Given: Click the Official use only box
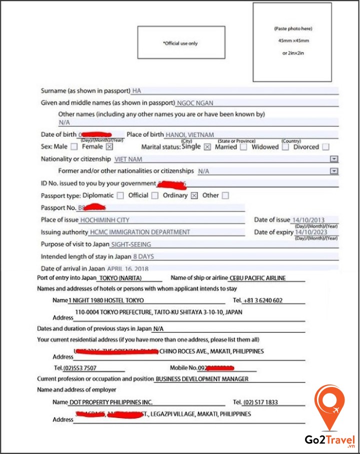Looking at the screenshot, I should tap(181, 43).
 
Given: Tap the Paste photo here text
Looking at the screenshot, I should tap(293, 29).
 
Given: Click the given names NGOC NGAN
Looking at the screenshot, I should tap(195, 103).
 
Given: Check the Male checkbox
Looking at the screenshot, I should tap(74, 147).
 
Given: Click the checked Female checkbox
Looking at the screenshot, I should tap(109, 147).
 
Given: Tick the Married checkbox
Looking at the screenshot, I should tap(243, 147).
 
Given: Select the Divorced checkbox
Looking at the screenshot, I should tap(325, 147).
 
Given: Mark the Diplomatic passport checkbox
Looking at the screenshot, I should tap(120, 195).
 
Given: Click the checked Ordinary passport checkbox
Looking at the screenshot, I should tap(194, 195).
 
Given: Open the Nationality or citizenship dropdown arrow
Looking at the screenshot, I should tap(334, 159).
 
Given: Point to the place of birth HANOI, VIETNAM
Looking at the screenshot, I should tap(189, 135).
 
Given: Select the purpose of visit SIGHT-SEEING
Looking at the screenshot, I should tap(130, 244).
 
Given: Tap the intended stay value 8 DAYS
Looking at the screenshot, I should tap(143, 256).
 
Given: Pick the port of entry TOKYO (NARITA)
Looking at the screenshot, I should tap(120, 278).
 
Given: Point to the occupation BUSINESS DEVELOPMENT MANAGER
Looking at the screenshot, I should tap(201, 379).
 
